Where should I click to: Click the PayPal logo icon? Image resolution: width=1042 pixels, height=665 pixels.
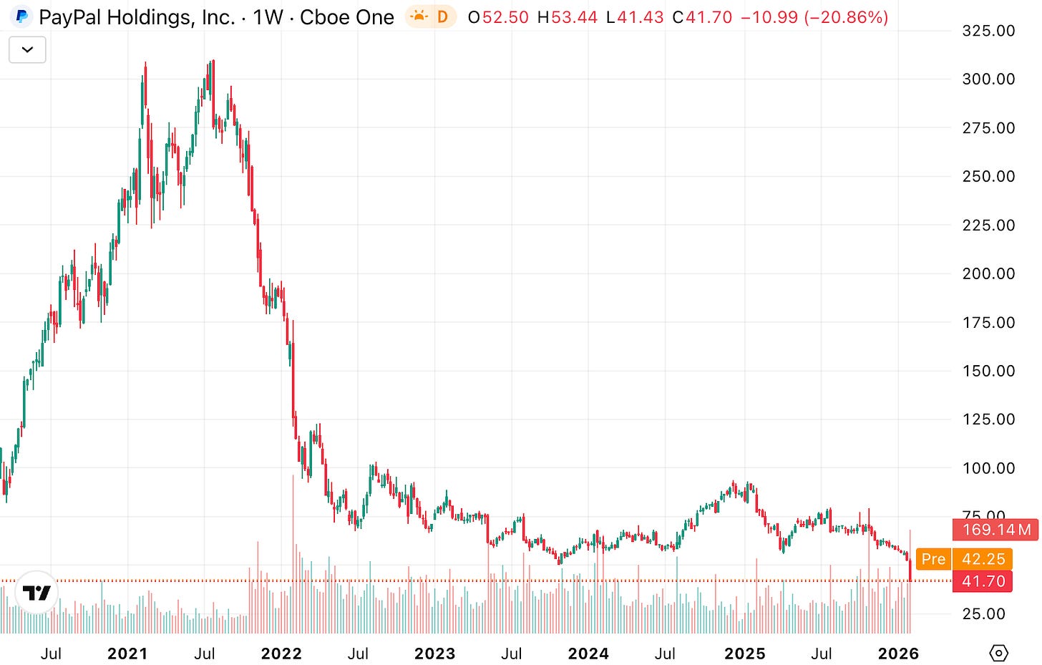[x=22, y=16]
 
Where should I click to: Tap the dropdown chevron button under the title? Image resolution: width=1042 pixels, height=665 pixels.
[x=27, y=50]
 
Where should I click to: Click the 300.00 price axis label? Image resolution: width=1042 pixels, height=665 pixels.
[x=988, y=79]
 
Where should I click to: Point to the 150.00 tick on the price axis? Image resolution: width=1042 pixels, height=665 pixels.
[x=988, y=371]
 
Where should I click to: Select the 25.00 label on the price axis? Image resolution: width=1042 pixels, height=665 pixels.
[x=983, y=613]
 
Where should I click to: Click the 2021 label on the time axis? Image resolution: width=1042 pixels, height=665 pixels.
[x=127, y=654]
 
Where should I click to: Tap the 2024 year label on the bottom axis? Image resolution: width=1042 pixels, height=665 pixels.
[x=588, y=654]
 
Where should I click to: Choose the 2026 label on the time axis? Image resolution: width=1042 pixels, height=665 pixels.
[x=898, y=654]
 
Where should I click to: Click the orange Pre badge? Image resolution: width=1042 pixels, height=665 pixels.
[x=933, y=559]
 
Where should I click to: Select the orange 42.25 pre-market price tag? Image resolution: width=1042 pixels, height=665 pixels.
[x=983, y=559]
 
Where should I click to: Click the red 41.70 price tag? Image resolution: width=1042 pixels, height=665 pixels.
[x=983, y=581]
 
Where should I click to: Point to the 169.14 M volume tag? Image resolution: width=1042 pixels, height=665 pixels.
[x=996, y=530]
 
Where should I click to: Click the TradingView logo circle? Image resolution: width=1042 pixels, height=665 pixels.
[x=36, y=592]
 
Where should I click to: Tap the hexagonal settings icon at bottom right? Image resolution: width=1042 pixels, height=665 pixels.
[x=998, y=653]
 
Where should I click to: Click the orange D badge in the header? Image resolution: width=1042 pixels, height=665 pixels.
[x=442, y=16]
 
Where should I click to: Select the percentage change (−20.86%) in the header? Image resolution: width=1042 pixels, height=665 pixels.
[x=847, y=17]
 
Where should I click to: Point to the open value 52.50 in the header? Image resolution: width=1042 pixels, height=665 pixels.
[x=505, y=17]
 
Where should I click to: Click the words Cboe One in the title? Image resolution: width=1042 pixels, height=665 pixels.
[x=346, y=17]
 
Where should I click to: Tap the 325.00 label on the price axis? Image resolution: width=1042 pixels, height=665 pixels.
[x=988, y=31]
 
